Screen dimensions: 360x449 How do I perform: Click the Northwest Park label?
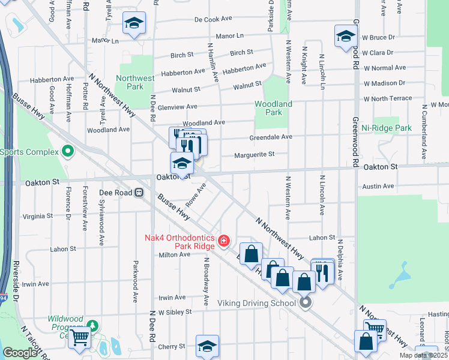(x=135, y=82)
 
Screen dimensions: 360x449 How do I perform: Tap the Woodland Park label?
(x=273, y=108)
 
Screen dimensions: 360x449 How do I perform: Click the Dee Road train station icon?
(x=139, y=193)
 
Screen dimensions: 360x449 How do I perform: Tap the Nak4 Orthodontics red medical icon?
(x=223, y=241)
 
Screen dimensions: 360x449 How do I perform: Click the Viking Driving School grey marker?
(x=306, y=303)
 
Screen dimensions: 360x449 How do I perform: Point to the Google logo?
(x=20, y=353)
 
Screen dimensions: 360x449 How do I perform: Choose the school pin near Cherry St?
(x=207, y=346)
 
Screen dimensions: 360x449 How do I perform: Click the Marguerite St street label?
(x=253, y=154)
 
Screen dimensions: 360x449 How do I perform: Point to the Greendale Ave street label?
(x=271, y=137)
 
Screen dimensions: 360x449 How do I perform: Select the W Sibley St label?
(x=170, y=312)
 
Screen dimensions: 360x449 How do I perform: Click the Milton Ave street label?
(x=175, y=254)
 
